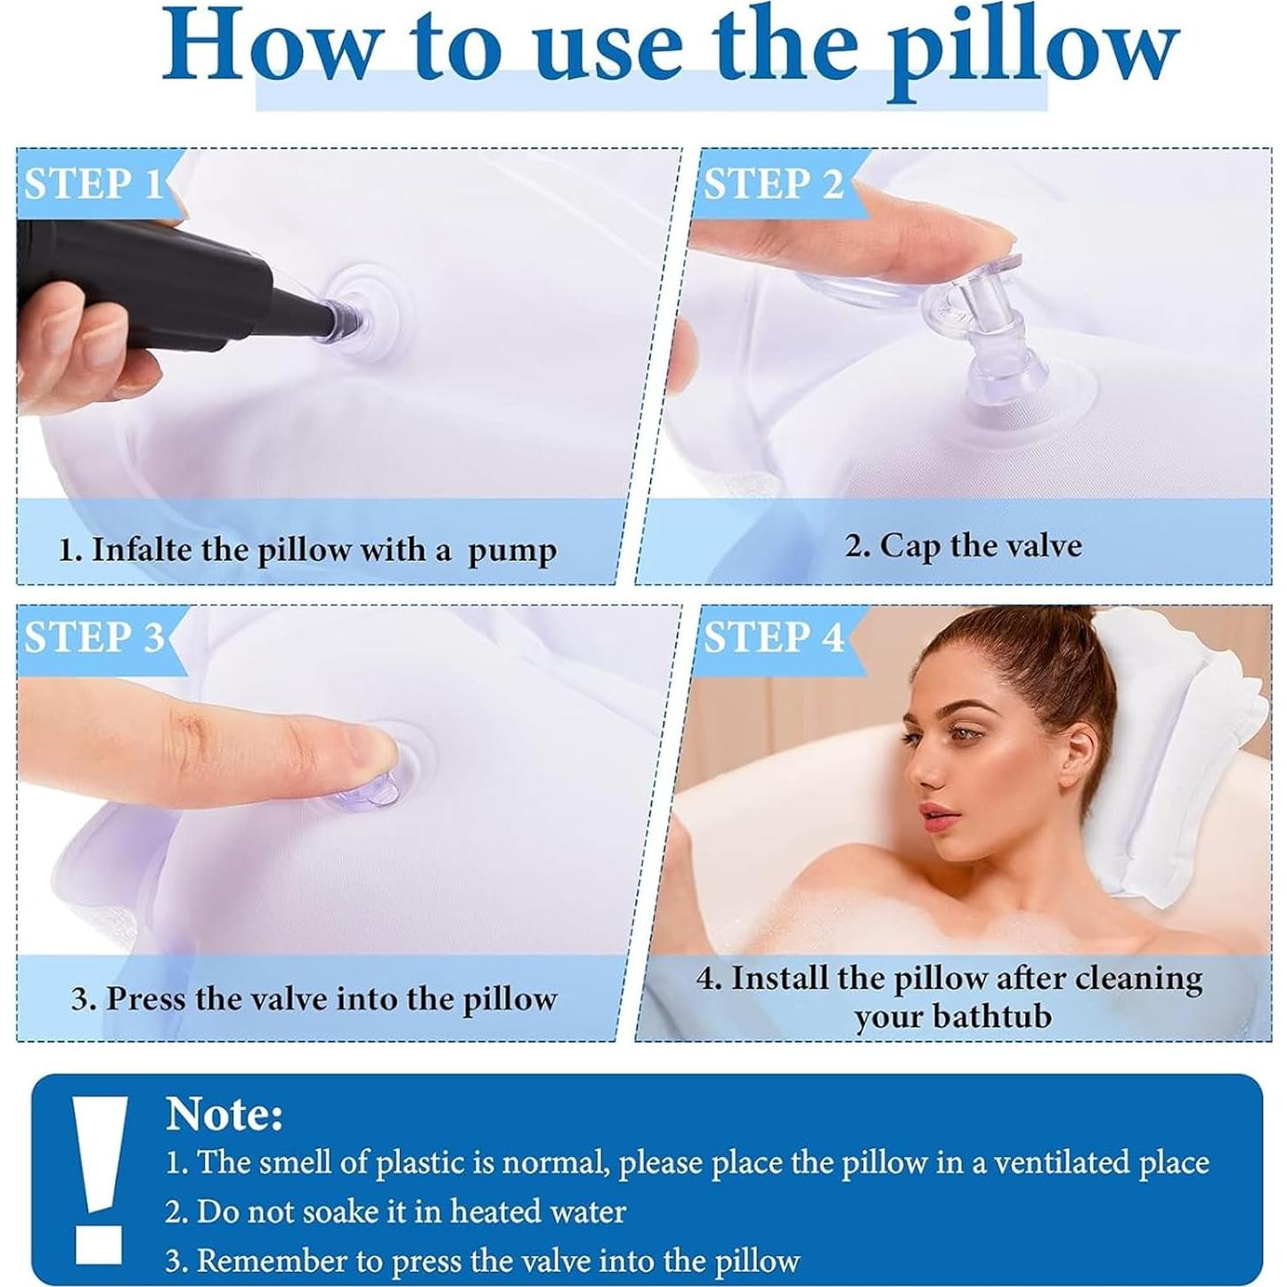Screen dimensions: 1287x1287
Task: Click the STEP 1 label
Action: (x=93, y=184)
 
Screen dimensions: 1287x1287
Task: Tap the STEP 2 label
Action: (x=773, y=184)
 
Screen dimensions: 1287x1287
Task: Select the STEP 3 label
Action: (x=94, y=638)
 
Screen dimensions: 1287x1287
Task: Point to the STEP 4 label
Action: (x=773, y=638)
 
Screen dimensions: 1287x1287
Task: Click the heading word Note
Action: (x=224, y=1113)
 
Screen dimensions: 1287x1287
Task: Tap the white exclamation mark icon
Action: (x=99, y=1176)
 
